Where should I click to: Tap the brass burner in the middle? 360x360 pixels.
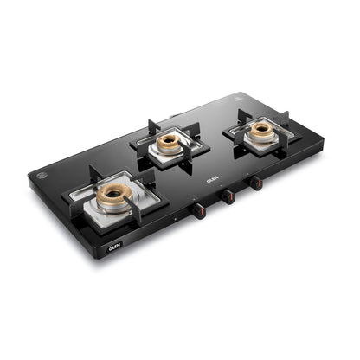170,145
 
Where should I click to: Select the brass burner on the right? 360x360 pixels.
261,131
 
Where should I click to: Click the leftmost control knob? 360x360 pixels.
199,210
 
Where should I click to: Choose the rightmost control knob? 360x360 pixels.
255,183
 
